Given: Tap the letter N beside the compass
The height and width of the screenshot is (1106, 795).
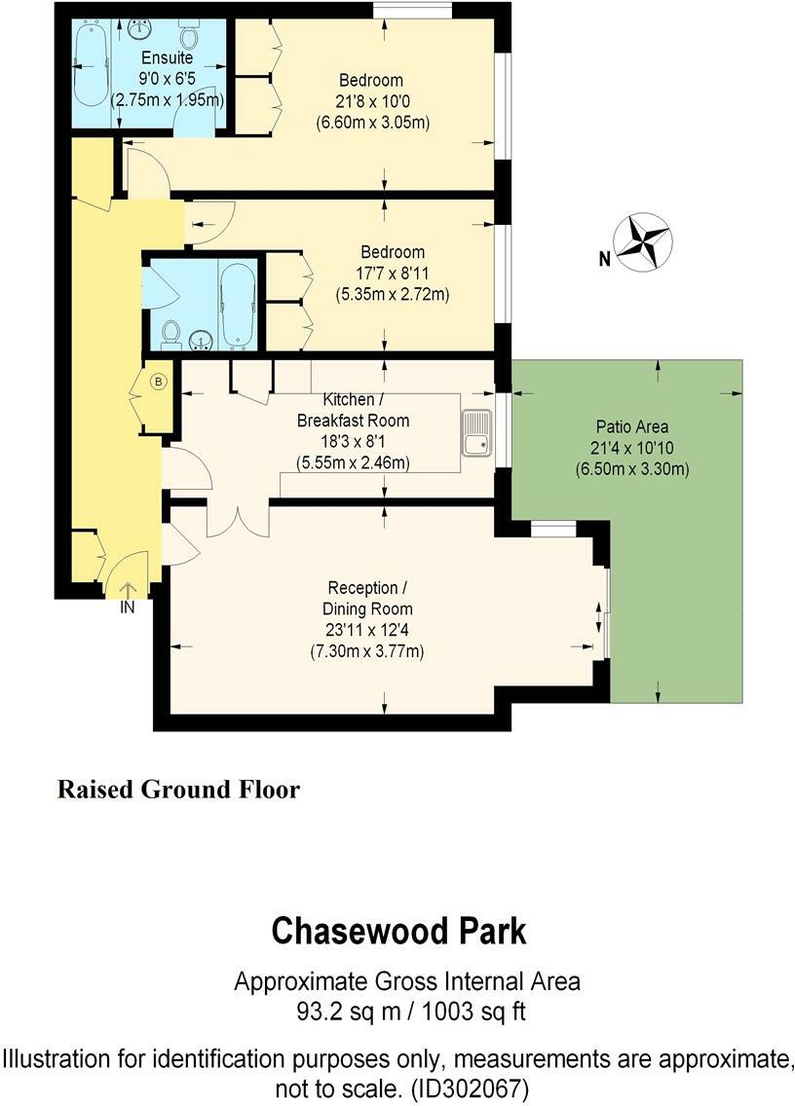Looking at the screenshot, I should (604, 259).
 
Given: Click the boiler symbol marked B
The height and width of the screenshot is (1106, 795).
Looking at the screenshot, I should (158, 382).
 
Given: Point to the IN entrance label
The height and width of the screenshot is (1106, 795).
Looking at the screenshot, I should (128, 607).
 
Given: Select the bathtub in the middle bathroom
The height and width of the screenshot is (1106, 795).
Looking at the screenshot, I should (238, 304).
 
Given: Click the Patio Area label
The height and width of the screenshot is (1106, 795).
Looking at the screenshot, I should (631, 426).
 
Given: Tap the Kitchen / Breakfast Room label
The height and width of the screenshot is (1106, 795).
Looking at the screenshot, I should (353, 411).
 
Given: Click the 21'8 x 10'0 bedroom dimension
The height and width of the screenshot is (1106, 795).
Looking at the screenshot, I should (372, 101).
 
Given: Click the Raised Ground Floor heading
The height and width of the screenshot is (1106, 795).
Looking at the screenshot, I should (178, 789).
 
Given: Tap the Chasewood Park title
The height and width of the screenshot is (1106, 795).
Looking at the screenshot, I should (398, 932).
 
